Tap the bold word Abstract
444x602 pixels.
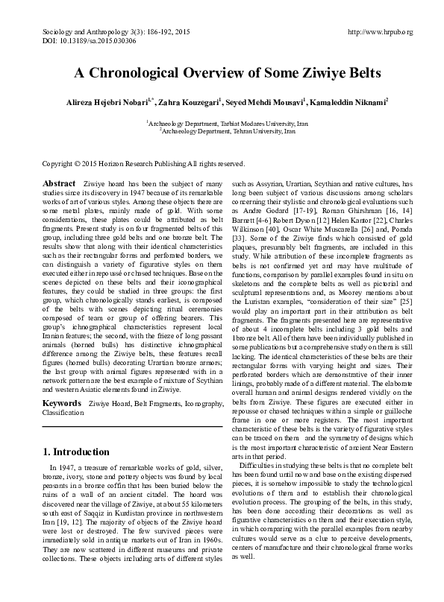click(x=59, y=183)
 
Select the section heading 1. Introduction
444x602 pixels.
click(x=76, y=452)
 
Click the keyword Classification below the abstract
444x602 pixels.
click(x=63, y=411)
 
